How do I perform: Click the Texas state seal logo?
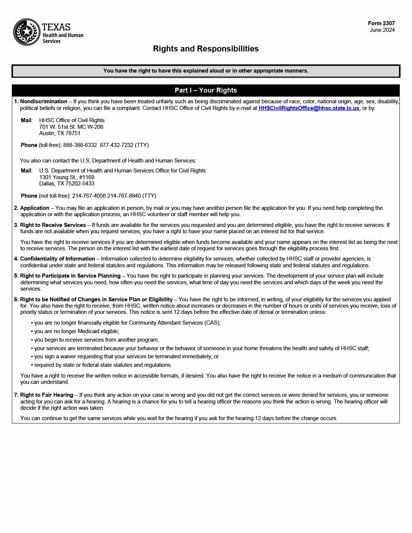click(x=27, y=32)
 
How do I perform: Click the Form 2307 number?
click(x=381, y=23)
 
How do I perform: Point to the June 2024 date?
click(x=382, y=30)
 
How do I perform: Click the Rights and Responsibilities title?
click(x=206, y=49)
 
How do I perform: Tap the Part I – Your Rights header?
click(x=206, y=90)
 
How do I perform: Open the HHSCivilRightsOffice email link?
click(x=309, y=108)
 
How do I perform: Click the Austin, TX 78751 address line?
click(x=60, y=133)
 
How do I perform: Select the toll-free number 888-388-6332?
click(x=80, y=145)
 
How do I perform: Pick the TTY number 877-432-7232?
click(x=117, y=145)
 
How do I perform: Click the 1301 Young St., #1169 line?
click(x=67, y=177)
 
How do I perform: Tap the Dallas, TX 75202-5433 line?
click(x=67, y=184)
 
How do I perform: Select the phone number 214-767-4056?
click(x=89, y=196)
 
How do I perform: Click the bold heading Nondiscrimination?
click(x=44, y=101)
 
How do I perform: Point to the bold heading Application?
click(x=35, y=208)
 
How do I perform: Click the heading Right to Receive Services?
click(x=53, y=225)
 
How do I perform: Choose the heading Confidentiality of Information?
click(x=57, y=259)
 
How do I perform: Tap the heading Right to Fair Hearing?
click(x=47, y=395)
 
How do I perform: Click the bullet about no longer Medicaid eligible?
click(x=77, y=331)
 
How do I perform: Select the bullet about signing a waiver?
click(x=126, y=356)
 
